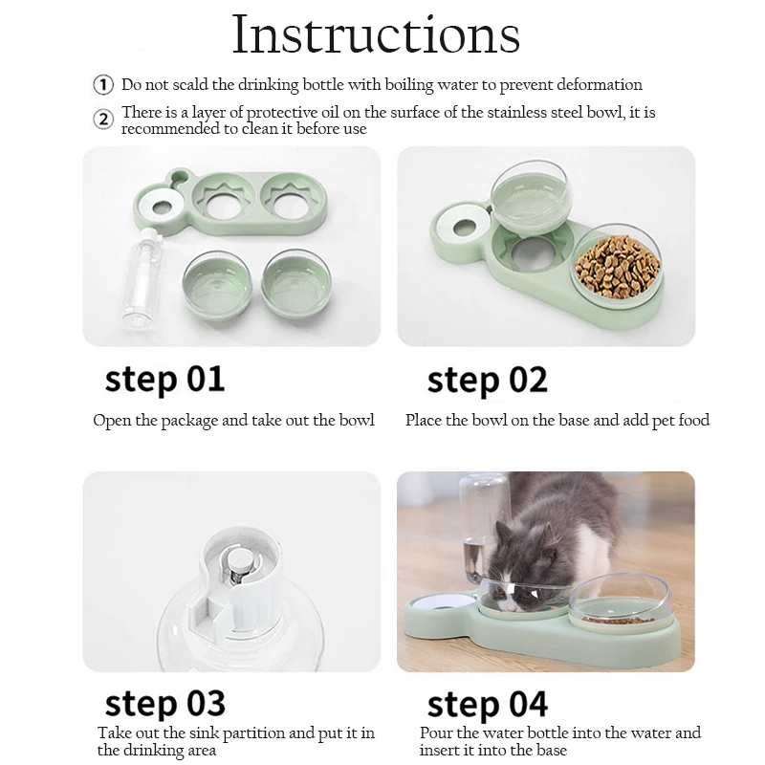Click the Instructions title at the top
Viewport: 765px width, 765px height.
tap(377, 35)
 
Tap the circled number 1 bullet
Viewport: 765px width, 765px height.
tap(103, 85)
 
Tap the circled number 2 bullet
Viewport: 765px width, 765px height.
tap(103, 120)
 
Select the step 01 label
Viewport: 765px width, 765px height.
tap(164, 379)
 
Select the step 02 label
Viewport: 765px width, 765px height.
tap(488, 380)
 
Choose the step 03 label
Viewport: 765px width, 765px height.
tap(164, 703)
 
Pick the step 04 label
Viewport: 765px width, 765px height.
tap(488, 705)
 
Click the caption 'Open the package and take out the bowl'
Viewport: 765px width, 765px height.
tap(234, 420)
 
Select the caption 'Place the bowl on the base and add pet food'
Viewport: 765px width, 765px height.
tap(557, 420)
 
